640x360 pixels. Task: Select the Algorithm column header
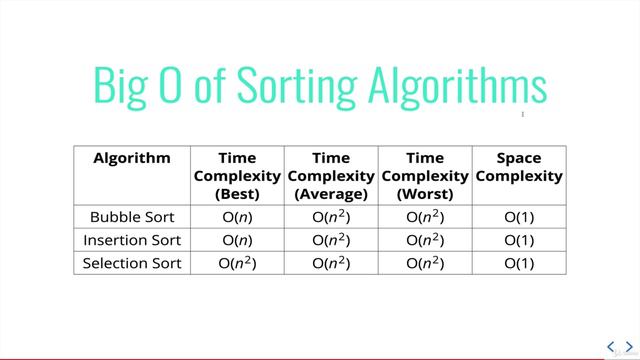click(132, 158)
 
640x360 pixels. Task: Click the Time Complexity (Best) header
click(237, 175)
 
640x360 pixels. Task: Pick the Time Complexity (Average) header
click(331, 175)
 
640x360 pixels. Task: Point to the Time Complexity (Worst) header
click(425, 175)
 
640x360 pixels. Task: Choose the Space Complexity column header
click(519, 167)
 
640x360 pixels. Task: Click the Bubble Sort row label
click(132, 216)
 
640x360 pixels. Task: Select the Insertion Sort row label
click(132, 240)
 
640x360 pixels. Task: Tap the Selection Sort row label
click(132, 264)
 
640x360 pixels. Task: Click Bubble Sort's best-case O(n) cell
click(237, 216)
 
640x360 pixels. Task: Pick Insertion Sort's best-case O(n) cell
click(237, 240)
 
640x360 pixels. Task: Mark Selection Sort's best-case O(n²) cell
click(237, 264)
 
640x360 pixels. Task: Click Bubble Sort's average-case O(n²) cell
click(331, 216)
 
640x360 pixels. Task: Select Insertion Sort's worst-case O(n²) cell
click(425, 240)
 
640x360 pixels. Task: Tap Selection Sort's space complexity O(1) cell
click(519, 264)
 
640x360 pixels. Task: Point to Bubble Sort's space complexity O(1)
click(519, 216)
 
